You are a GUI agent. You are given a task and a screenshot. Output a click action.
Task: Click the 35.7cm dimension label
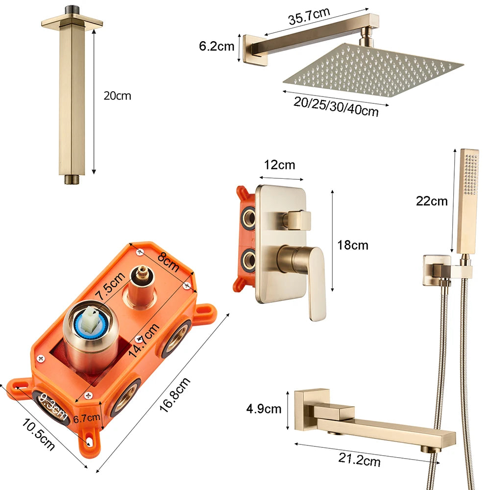point(309,16)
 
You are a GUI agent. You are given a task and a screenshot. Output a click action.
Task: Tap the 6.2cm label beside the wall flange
point(217,46)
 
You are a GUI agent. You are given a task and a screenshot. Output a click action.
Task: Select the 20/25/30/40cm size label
point(336,107)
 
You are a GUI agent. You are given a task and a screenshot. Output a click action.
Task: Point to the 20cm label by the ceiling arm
point(117,96)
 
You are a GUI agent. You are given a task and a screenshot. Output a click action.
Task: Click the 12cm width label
point(279,165)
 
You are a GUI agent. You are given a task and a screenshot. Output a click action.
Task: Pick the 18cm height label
point(352,245)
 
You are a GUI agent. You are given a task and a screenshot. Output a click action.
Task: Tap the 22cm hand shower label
point(432,201)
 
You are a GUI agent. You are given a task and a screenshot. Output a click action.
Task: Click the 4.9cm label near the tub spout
point(264,409)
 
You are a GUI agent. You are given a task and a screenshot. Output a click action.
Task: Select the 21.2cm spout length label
point(359,460)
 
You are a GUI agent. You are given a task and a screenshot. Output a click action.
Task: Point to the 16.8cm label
point(174,394)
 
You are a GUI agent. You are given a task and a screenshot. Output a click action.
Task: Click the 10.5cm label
point(38,434)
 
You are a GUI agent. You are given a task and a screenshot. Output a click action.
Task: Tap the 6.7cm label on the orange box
point(87,417)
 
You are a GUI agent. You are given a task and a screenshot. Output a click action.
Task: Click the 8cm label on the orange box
point(169,261)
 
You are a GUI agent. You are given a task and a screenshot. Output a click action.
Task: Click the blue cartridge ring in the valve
point(91,324)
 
